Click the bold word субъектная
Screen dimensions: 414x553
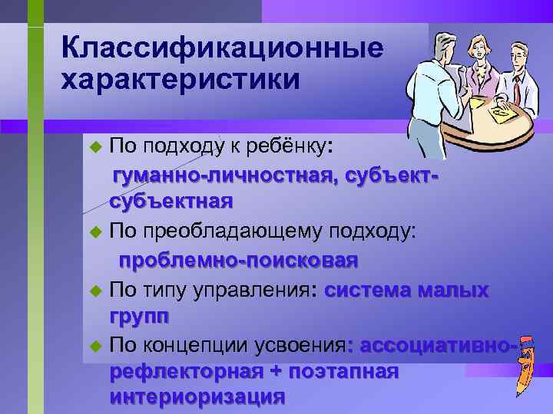(171, 202)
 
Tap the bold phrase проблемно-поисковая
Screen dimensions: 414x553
(237, 261)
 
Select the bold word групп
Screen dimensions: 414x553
(141, 315)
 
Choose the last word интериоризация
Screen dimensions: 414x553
(197, 397)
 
